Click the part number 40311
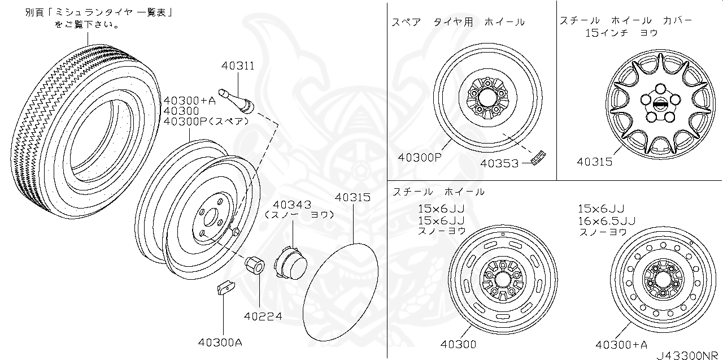(237, 66)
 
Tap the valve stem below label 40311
(236, 102)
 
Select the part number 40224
(263, 316)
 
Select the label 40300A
(220, 342)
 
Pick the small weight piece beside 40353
(541, 156)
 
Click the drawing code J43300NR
(688, 354)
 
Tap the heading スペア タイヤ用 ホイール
(458, 22)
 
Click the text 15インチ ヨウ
(621, 33)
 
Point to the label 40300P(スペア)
(206, 122)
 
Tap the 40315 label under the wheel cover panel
(594, 162)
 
